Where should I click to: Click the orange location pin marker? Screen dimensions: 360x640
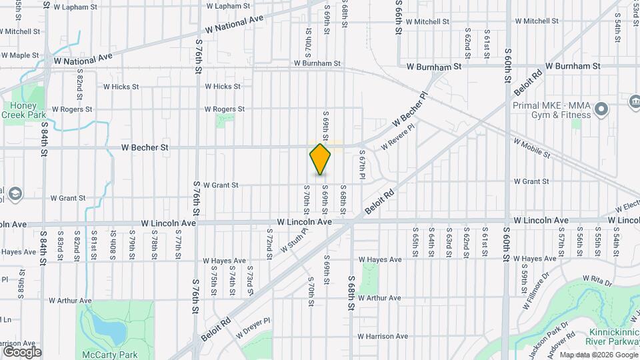[321, 159]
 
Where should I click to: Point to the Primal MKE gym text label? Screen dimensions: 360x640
[553, 109]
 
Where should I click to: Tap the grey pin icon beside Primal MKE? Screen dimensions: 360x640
[602, 109]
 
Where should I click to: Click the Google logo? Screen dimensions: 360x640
[22, 352]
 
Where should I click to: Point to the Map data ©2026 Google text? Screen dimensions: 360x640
[598, 355]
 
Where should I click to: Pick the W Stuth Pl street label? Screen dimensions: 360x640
[294, 241]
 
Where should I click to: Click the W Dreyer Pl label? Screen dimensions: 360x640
[253, 324]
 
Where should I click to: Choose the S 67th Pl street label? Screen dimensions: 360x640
[363, 165]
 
